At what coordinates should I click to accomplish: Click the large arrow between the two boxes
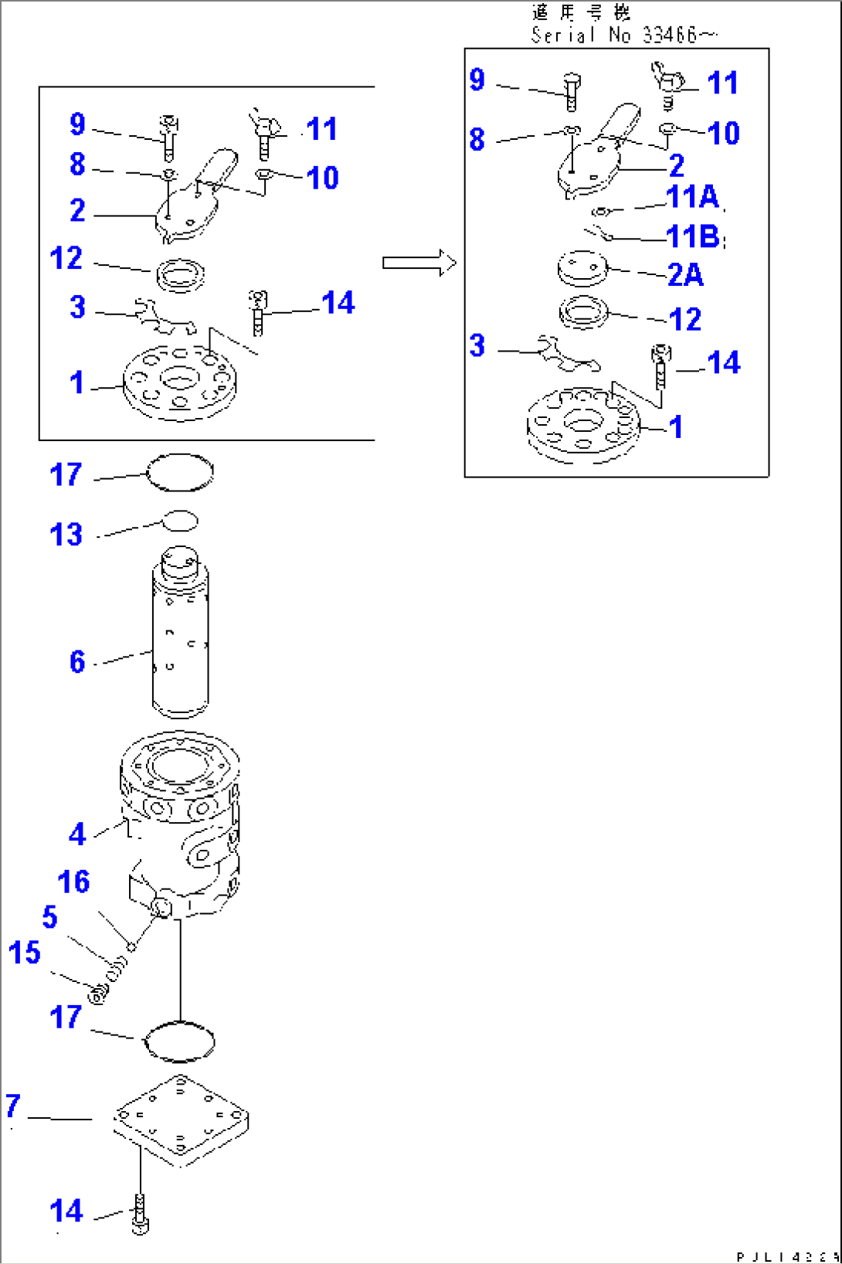point(419,263)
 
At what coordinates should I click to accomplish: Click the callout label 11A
point(692,197)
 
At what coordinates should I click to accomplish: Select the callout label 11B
point(693,236)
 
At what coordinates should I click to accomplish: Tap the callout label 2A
point(685,275)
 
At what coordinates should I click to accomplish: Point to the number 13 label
point(66,535)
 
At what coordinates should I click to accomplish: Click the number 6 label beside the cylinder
point(77,662)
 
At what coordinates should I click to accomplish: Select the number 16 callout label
point(73,882)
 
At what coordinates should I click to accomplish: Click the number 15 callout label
point(24,953)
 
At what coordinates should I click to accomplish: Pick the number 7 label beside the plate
point(12,1106)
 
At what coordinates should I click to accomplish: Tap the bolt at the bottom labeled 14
point(140,1214)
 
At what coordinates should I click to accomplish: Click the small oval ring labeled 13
point(180,521)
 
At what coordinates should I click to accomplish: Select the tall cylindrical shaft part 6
point(180,634)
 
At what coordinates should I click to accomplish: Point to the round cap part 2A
point(582,268)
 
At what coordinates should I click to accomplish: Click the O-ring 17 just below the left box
point(180,472)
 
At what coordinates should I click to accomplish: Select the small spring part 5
point(117,967)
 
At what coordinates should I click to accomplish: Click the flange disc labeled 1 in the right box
point(583,426)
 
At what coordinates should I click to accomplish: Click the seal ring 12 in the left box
point(180,274)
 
